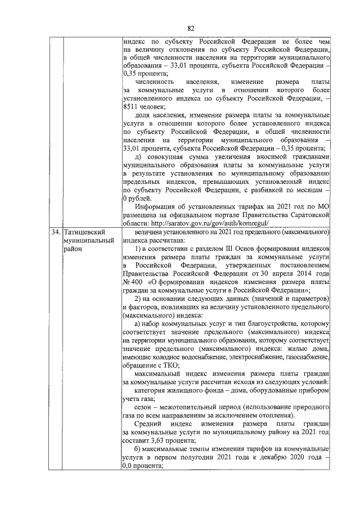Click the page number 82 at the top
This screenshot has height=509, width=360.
point(191,29)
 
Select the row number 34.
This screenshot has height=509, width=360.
point(55,232)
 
